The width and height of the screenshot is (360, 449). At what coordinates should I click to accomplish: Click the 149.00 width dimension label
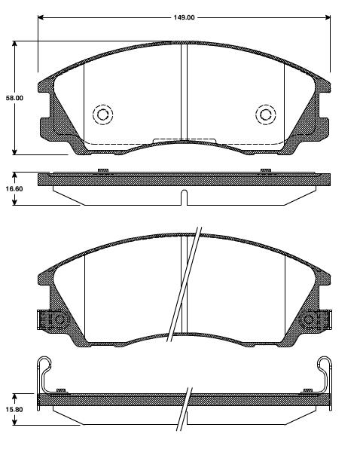[x=184, y=17]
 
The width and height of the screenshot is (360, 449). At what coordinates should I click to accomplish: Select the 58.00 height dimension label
[x=14, y=98]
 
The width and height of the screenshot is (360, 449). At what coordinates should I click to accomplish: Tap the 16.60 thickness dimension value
[x=14, y=189]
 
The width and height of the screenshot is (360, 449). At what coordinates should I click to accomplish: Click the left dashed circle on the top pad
[x=102, y=114]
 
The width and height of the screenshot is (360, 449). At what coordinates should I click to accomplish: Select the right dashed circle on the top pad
[x=265, y=114]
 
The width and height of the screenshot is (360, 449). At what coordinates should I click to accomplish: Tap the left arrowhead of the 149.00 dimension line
[x=41, y=17]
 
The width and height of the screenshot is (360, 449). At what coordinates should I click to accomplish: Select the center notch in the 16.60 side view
[x=184, y=198]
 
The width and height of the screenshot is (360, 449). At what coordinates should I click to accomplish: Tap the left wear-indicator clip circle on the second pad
[x=57, y=320]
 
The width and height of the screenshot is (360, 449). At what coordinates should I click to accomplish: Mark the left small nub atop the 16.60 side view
[x=102, y=172]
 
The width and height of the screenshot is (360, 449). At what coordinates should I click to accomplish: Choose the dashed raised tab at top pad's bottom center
[x=184, y=139]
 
